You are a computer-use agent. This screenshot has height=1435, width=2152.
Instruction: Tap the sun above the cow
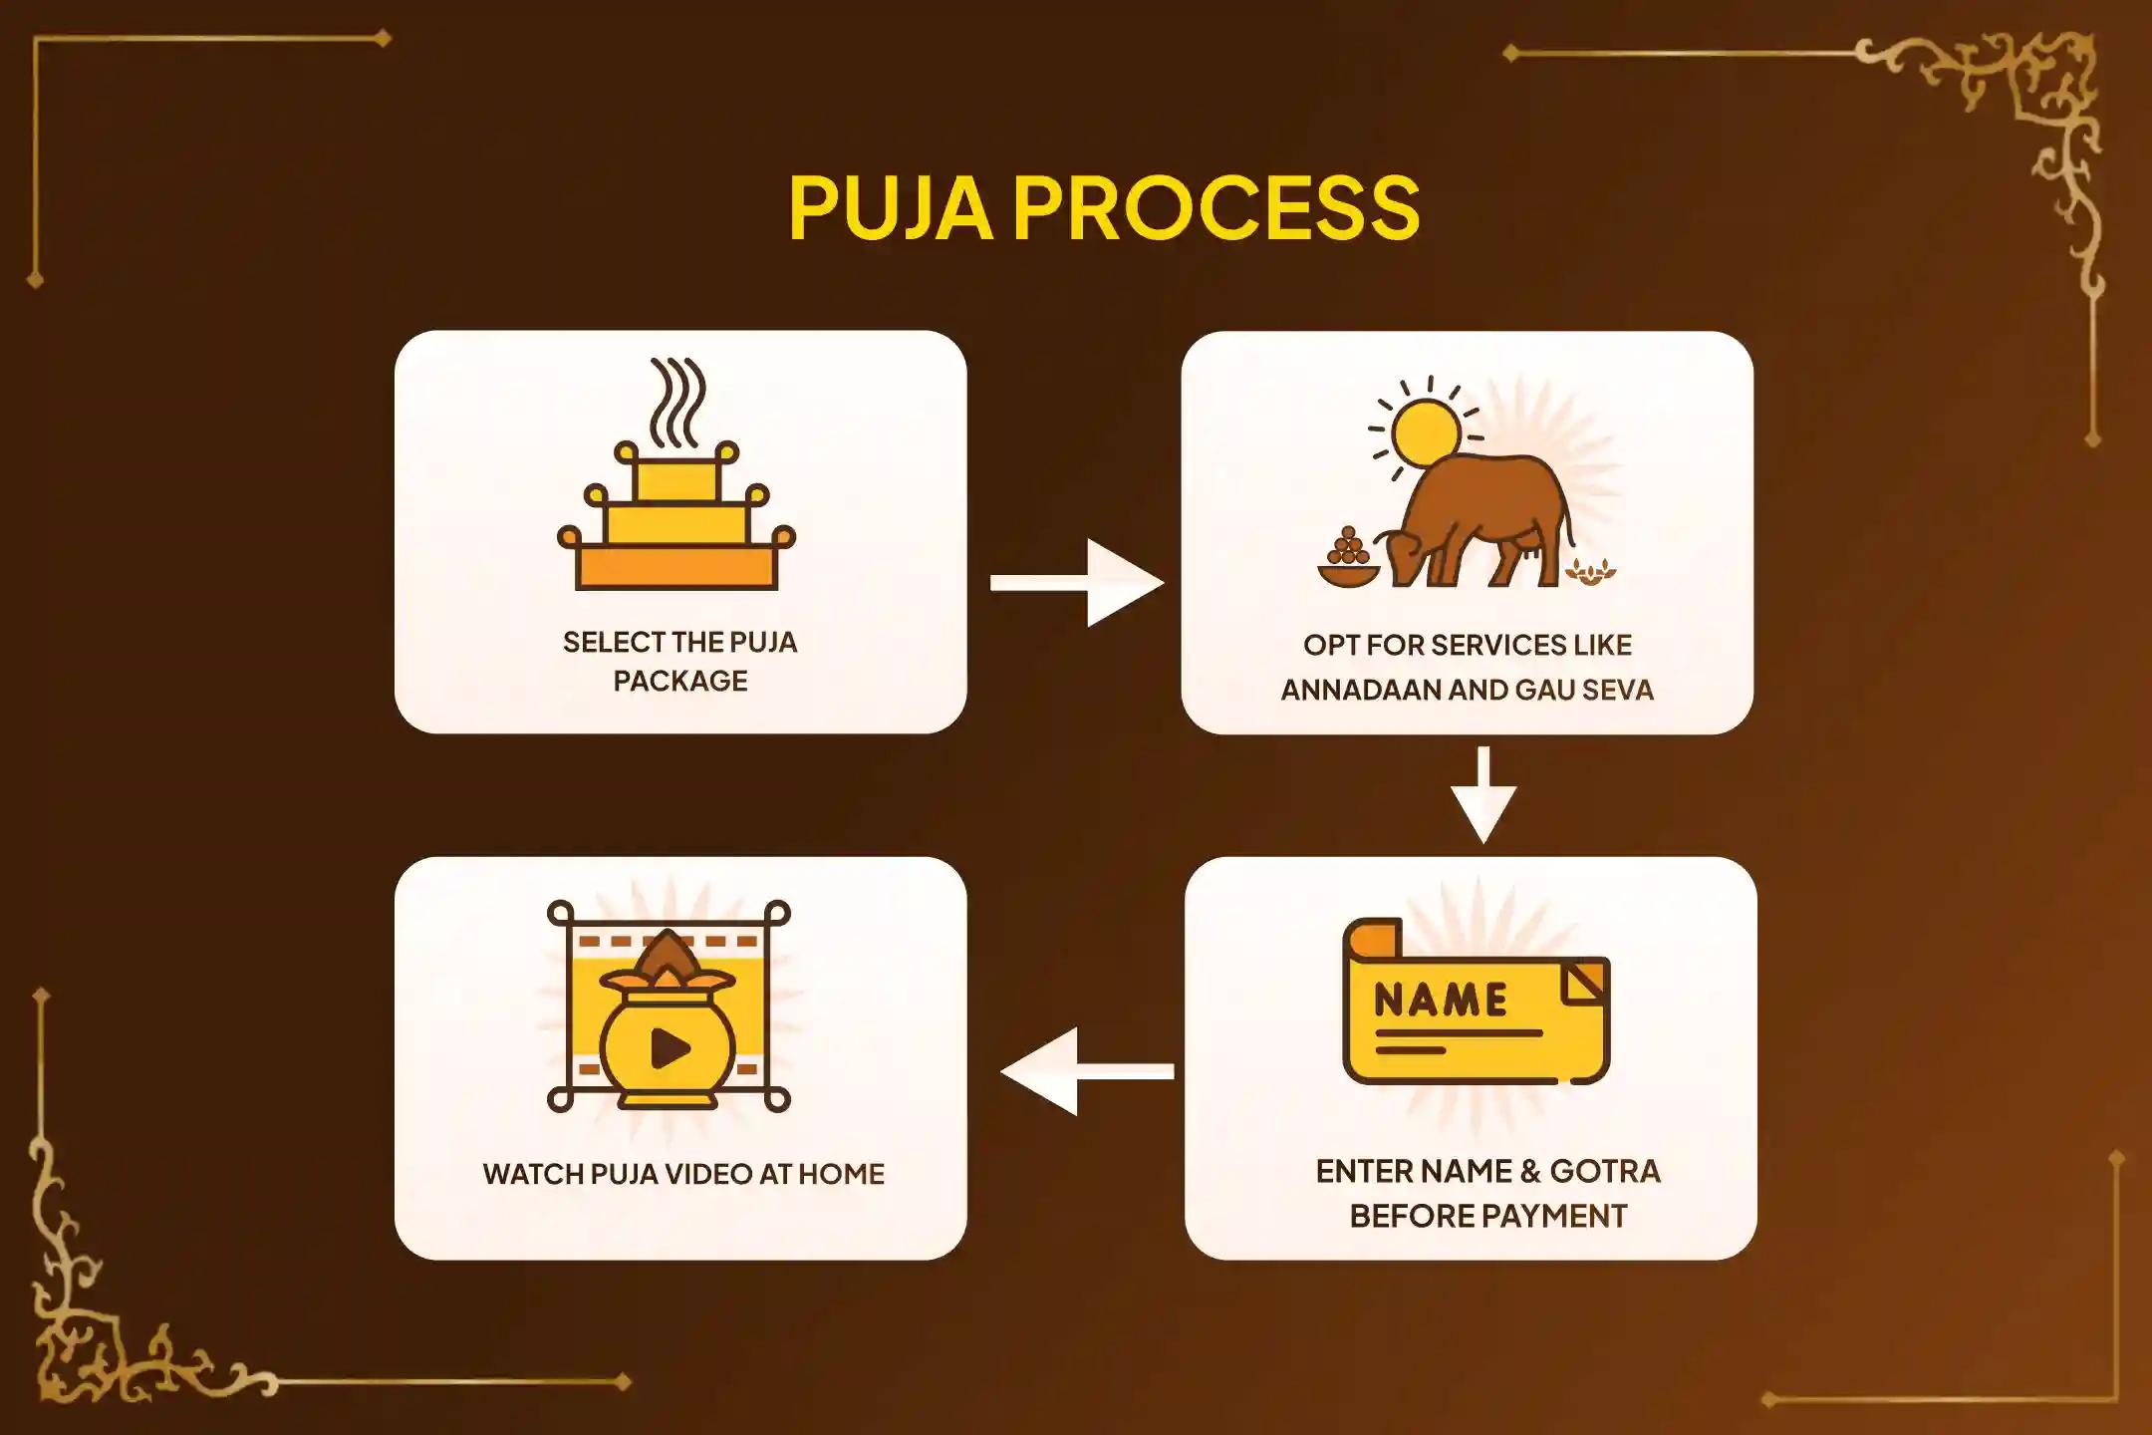point(1427,432)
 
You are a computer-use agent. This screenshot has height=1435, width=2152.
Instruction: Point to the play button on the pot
point(670,1047)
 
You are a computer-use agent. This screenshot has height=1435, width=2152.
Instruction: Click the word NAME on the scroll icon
point(1441,1000)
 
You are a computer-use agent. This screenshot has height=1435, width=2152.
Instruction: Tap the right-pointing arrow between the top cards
point(1077,583)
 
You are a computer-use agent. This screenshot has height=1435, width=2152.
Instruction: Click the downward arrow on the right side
point(1483,795)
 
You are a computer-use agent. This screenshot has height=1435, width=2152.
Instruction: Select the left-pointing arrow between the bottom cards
point(1087,1071)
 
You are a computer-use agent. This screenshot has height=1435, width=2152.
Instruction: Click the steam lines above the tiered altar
point(676,402)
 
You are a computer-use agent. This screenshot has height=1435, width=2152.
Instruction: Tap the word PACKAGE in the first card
point(680,681)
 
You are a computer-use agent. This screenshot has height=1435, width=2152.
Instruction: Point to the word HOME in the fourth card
point(841,1174)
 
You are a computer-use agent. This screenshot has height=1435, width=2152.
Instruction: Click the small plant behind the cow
point(1591,570)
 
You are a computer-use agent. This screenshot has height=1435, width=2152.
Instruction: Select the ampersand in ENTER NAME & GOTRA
point(1528,1171)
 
